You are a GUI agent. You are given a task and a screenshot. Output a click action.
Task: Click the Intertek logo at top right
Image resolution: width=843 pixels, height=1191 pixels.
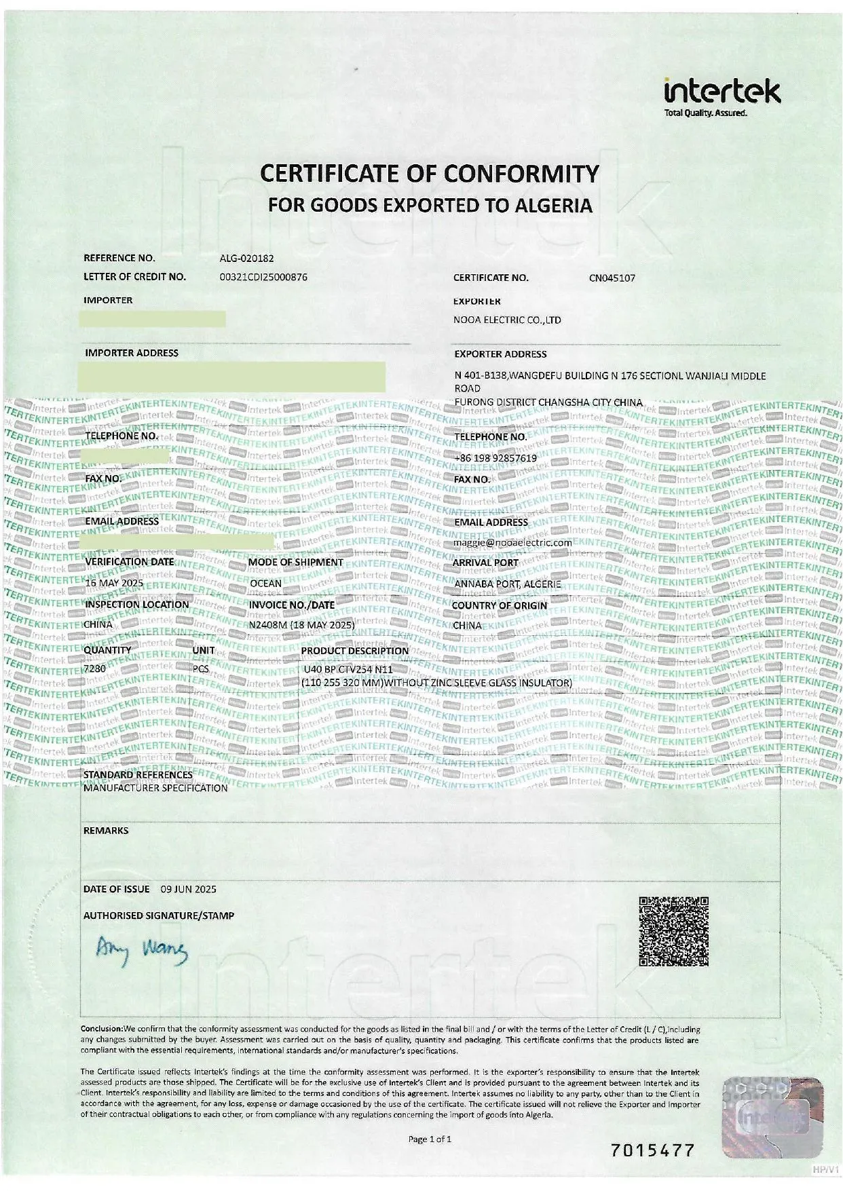pos(722,96)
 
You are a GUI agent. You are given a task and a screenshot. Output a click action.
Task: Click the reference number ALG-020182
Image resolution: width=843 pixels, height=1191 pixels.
pos(246,258)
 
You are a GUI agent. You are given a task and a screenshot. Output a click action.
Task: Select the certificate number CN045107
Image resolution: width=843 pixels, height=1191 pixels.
pos(612,278)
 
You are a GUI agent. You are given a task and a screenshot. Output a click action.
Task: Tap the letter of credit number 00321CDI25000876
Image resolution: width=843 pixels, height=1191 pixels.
pos(263,277)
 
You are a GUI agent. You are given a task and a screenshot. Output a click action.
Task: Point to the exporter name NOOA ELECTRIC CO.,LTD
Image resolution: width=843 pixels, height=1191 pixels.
pos(507,320)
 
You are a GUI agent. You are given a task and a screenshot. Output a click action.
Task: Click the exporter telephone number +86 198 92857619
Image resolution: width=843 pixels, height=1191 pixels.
pos(495,458)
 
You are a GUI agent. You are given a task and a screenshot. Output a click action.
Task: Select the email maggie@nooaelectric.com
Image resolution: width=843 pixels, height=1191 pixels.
pos(512,542)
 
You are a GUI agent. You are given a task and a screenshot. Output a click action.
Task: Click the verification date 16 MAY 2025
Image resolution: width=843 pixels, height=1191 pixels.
pos(114,582)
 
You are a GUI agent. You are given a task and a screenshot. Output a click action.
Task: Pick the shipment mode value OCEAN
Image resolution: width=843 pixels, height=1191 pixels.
pos(265,583)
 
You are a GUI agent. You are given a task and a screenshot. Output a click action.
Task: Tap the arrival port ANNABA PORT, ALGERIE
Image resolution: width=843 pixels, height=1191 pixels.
pos(508,584)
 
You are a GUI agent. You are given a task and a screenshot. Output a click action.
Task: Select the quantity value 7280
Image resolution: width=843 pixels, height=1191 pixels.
pos(94,668)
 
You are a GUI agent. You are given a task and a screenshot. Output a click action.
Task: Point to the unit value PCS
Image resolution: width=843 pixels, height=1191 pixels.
pos(201,668)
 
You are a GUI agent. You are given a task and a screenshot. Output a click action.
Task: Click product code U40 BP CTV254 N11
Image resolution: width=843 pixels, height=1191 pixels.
pos(348,669)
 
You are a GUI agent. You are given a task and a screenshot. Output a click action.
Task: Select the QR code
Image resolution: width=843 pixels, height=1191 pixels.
pos(673,931)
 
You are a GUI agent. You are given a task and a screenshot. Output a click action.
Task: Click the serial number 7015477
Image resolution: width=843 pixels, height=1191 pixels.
pos(652,1150)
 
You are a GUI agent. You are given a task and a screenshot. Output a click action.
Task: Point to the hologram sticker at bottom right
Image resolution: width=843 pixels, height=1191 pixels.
pos(772,1116)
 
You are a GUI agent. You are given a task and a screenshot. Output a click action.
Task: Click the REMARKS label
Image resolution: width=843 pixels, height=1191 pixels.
pos(106,831)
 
